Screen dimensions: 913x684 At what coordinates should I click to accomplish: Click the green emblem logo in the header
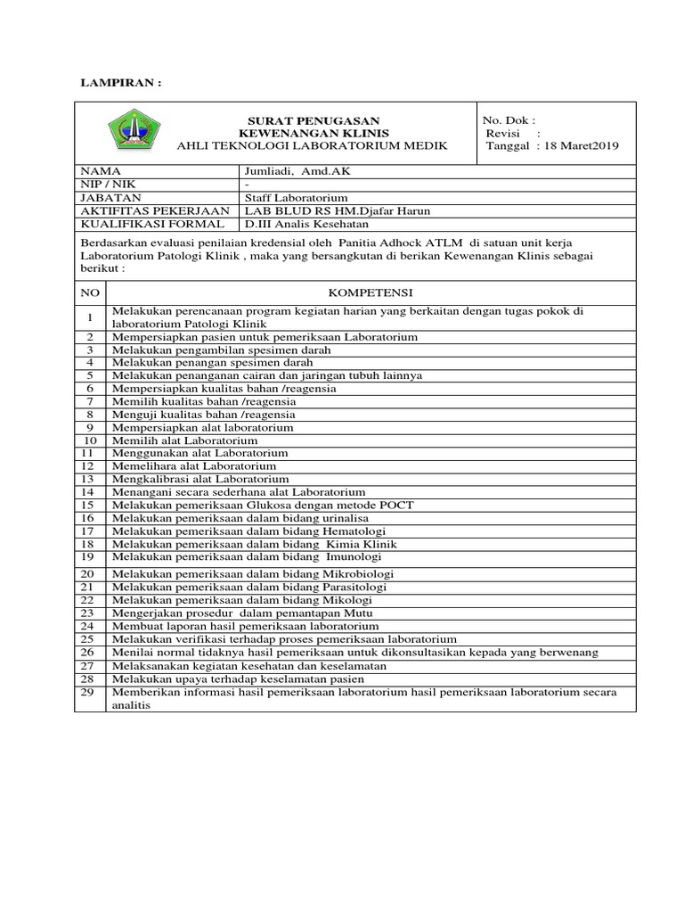click(x=135, y=133)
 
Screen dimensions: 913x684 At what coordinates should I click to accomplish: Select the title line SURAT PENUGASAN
click(x=313, y=120)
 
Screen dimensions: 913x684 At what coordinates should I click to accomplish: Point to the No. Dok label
click(x=509, y=120)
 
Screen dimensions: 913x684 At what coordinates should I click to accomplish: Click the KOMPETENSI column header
click(x=370, y=292)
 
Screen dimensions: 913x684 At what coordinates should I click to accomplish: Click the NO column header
click(x=89, y=292)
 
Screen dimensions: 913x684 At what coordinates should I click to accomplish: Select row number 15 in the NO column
click(x=89, y=505)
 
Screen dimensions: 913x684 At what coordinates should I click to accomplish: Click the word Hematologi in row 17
click(x=362, y=531)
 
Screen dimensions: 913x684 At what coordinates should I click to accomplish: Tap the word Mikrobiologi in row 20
click(x=358, y=574)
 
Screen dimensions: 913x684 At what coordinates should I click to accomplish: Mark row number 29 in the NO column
click(x=89, y=692)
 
